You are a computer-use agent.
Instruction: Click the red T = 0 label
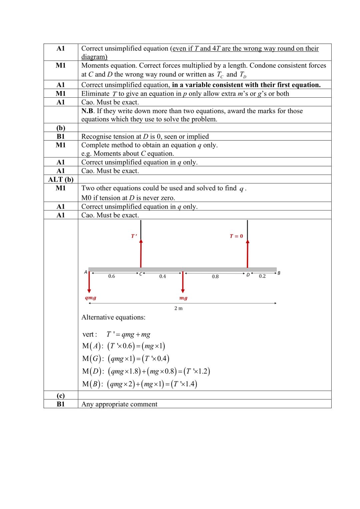click(x=236, y=236)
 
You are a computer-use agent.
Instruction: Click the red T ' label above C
click(x=134, y=236)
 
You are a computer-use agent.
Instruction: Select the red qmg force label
click(x=90, y=298)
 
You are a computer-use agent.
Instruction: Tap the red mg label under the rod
click(x=183, y=298)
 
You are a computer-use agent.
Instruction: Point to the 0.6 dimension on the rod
click(x=112, y=276)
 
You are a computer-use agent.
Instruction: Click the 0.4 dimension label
click(x=162, y=277)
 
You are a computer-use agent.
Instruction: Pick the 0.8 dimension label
click(x=215, y=277)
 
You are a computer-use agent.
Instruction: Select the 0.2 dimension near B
click(x=262, y=276)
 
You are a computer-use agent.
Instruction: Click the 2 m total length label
click(x=178, y=308)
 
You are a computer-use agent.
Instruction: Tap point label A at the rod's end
click(x=86, y=272)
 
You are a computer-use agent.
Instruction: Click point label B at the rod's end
click(x=279, y=273)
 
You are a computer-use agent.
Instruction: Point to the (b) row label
click(x=61, y=128)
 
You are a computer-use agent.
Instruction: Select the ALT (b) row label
click(x=61, y=179)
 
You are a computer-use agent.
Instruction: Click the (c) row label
click(x=61, y=396)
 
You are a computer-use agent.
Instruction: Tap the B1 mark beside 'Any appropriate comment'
click(x=61, y=404)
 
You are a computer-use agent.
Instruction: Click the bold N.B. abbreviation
click(x=88, y=111)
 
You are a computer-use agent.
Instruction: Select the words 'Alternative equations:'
click(x=113, y=317)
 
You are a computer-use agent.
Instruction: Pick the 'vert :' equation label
click(x=90, y=334)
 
